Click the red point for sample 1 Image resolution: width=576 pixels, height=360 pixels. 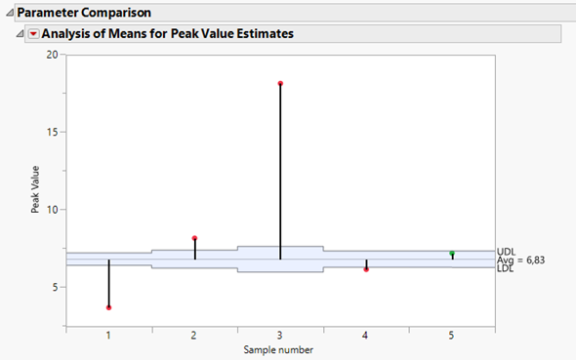[x=108, y=307]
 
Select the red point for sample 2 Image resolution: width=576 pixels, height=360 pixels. [x=194, y=238]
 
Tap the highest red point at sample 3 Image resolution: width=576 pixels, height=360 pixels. [x=280, y=83]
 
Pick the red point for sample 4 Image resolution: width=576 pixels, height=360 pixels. [x=366, y=269]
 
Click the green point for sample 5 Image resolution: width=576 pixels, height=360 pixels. [x=452, y=254]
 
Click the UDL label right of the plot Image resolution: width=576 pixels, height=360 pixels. [x=506, y=252]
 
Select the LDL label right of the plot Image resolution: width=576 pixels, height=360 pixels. [x=506, y=268]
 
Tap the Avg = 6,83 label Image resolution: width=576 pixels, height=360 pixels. [x=520, y=260]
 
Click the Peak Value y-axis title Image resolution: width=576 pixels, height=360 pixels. [x=35, y=189]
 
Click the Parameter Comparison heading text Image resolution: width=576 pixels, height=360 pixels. [x=77, y=13]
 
